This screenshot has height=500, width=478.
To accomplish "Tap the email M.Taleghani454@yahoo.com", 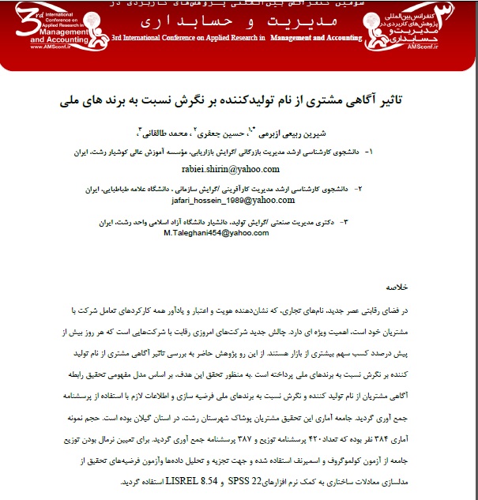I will [216, 234].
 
